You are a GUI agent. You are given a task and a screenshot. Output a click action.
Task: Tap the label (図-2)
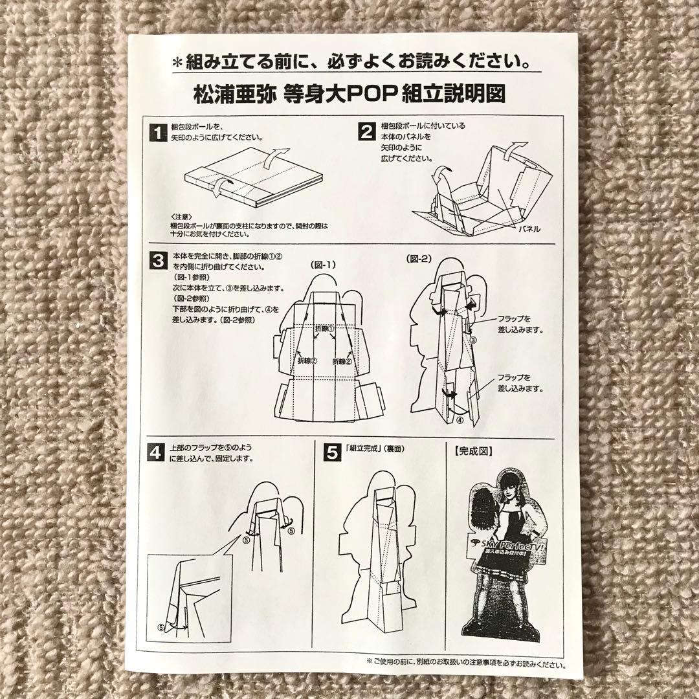click(x=419, y=258)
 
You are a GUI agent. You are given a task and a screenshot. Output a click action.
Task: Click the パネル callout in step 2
click(x=529, y=229)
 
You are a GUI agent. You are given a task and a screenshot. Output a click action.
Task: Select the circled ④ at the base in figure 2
click(x=461, y=419)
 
